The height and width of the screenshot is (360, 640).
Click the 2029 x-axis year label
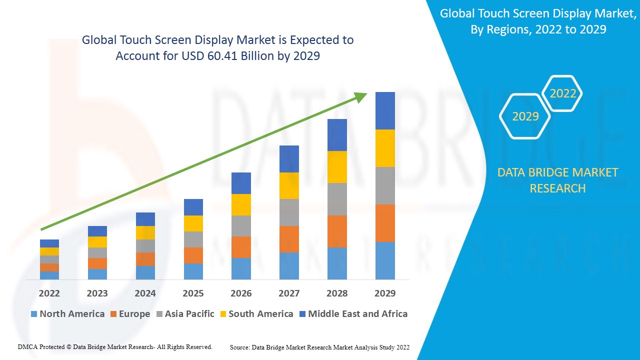pos(385,293)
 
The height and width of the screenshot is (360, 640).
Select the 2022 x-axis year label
pos(49,293)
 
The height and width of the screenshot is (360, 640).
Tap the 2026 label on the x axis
pos(241,293)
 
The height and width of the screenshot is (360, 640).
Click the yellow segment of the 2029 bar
pos(385,148)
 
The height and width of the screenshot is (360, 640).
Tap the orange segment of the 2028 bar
pos(337,231)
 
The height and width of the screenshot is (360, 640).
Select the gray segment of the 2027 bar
pos(289,212)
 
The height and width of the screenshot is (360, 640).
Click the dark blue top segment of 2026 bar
pos(241,183)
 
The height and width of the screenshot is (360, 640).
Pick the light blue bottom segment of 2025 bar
pos(193,271)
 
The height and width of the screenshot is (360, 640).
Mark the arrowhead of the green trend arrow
pos(361,97)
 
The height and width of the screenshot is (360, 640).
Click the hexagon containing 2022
pos(562,93)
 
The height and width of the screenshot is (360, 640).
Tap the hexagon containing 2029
pos(525,116)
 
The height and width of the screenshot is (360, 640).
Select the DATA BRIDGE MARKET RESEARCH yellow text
pos(557,180)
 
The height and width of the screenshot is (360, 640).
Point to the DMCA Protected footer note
pos(115,347)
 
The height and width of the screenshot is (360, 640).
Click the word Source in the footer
pos(239,347)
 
